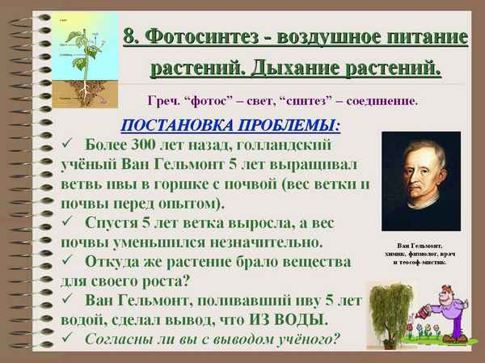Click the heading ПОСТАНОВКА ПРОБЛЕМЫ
click(230, 126)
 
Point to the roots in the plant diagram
click(82, 91)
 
